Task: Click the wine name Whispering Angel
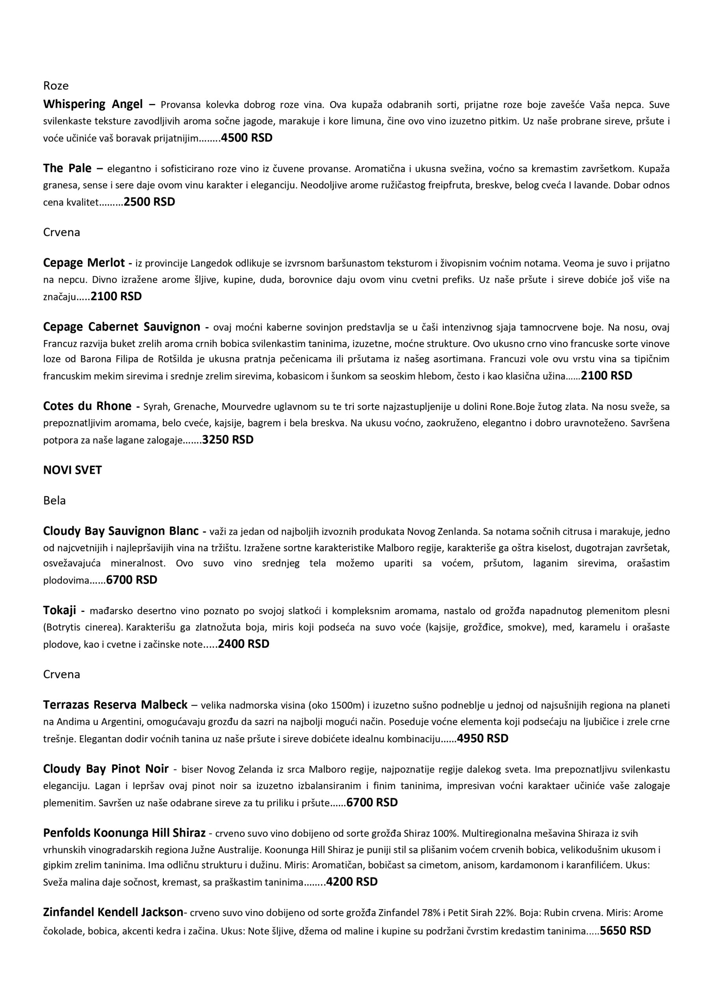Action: [x=93, y=104]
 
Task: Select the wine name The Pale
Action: [x=67, y=168]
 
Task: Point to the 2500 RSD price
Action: [x=149, y=202]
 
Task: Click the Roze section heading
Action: [x=56, y=85]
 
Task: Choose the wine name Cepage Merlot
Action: [x=84, y=263]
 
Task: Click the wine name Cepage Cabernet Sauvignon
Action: [x=122, y=327]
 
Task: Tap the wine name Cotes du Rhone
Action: [x=87, y=406]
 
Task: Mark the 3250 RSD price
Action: [x=228, y=440]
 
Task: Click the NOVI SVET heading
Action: [x=72, y=470]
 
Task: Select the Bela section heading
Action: [x=54, y=500]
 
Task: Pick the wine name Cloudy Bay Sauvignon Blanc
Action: [x=121, y=531]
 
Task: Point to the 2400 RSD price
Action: [x=243, y=644]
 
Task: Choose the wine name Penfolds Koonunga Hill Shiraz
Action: [x=124, y=833]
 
